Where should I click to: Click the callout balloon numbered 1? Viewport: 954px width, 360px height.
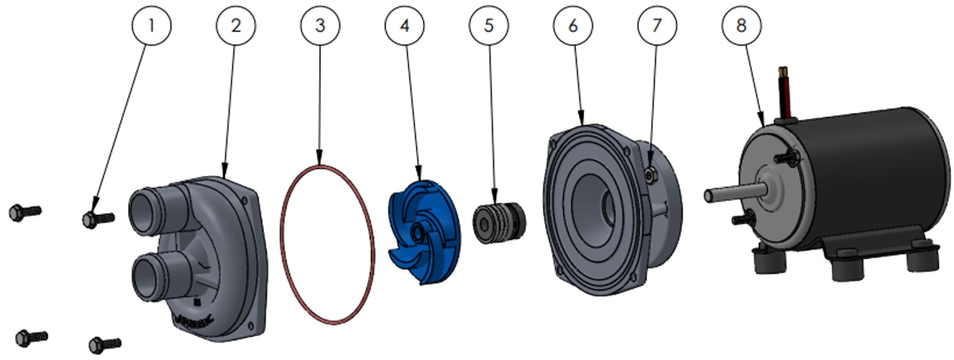(x=151, y=26)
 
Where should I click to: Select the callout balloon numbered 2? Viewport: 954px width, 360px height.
(x=236, y=26)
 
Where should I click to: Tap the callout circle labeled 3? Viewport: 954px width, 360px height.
(x=320, y=26)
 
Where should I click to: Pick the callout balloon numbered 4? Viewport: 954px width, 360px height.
(x=405, y=26)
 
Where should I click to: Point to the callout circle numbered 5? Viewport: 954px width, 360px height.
(x=489, y=26)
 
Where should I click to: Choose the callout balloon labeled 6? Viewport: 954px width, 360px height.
(x=573, y=26)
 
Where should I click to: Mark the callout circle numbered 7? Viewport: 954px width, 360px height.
(x=657, y=26)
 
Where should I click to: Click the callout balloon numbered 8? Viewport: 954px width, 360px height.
(x=741, y=26)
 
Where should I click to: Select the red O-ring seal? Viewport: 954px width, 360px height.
(x=284, y=245)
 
